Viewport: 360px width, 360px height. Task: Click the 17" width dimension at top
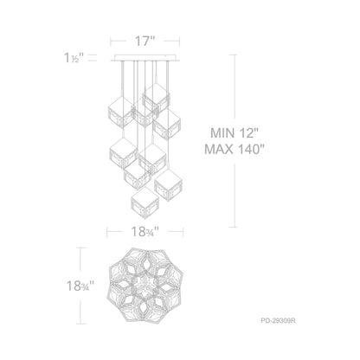tap(145, 40)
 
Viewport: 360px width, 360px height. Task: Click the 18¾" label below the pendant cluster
tap(145, 231)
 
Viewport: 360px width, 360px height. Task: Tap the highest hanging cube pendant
tap(156, 94)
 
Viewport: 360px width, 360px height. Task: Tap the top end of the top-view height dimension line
tap(80, 249)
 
